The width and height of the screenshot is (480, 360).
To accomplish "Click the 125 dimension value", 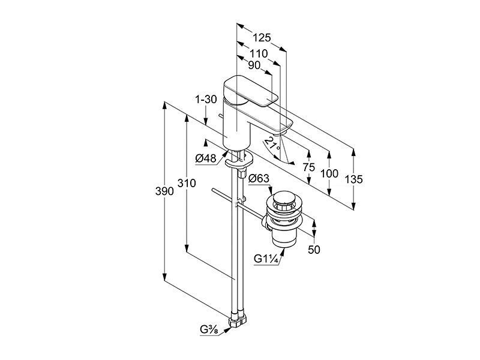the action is tap(262, 38).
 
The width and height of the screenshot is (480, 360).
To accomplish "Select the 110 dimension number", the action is tap(259, 54).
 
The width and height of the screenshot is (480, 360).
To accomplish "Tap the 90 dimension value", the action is tap(254, 65).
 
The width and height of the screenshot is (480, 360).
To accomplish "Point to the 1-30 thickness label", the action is tap(206, 99).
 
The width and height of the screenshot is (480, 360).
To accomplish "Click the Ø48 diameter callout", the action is tap(205, 158).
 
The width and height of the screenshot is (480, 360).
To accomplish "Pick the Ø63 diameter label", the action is tap(259, 178).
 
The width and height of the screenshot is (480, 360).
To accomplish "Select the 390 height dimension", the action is tap(164, 191).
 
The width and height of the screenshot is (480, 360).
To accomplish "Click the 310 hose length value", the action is tap(187, 183).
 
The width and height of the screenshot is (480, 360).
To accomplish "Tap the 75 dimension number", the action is tap(308, 167).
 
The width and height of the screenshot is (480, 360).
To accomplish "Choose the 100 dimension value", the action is tap(329, 173).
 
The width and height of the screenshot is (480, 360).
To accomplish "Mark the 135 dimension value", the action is tap(353, 179).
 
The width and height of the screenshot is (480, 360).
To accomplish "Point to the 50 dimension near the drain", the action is tap(314, 250).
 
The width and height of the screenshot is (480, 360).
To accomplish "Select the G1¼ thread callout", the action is tap(266, 259).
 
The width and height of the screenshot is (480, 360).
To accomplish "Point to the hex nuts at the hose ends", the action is tap(237, 320).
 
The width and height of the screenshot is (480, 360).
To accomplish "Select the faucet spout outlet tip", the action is tap(280, 132).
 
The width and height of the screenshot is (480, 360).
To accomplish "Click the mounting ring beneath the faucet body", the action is tap(239, 160).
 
